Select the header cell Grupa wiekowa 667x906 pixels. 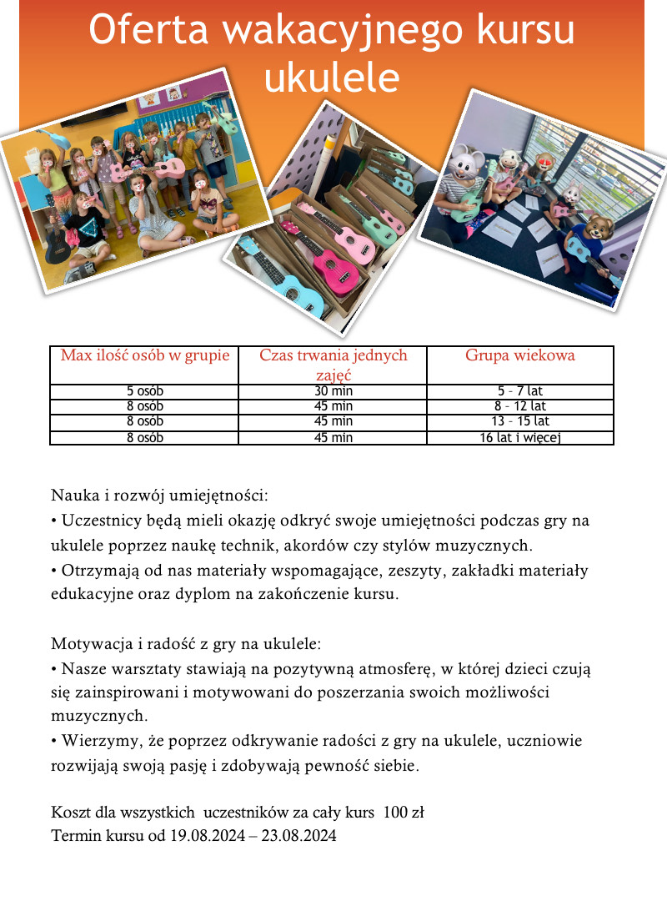click(x=519, y=355)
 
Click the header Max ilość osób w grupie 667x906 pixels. click(x=144, y=355)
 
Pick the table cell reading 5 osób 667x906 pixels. click(x=144, y=391)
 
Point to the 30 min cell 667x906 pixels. click(x=333, y=391)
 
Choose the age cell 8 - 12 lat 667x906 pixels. click(x=519, y=406)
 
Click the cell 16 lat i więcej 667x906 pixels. click(x=519, y=437)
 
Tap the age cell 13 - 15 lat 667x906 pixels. click(x=519, y=421)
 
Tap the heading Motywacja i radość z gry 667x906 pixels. click(x=186, y=645)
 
